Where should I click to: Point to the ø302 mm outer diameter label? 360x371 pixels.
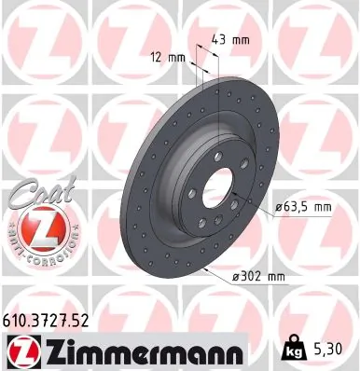pyautogui.click(x=257, y=275)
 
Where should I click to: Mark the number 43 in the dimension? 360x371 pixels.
pyautogui.click(x=221, y=41)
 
